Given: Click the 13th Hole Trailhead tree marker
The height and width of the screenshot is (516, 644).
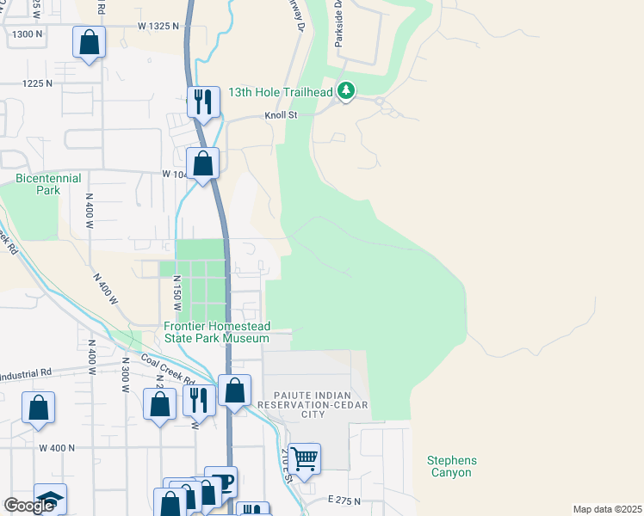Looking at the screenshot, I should pyautogui.click(x=345, y=90).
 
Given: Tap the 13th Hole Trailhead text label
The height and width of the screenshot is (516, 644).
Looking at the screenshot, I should pyautogui.click(x=281, y=92).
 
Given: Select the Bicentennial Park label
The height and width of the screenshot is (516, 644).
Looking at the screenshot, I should pyautogui.click(x=48, y=184).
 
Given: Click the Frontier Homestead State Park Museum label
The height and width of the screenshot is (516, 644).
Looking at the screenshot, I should pyautogui.click(x=218, y=333).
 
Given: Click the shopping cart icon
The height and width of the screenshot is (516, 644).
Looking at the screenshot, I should pyautogui.click(x=304, y=458).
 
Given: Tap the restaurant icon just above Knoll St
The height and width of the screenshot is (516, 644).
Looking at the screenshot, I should pyautogui.click(x=202, y=101).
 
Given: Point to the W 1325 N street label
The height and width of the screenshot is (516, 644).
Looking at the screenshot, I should pyautogui.click(x=158, y=27).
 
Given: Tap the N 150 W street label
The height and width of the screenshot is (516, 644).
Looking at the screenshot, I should pyautogui.click(x=177, y=292).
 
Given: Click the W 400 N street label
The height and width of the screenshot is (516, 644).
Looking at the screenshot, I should pyautogui.click(x=57, y=448).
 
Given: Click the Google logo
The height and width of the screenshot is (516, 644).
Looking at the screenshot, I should pyautogui.click(x=29, y=506).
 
